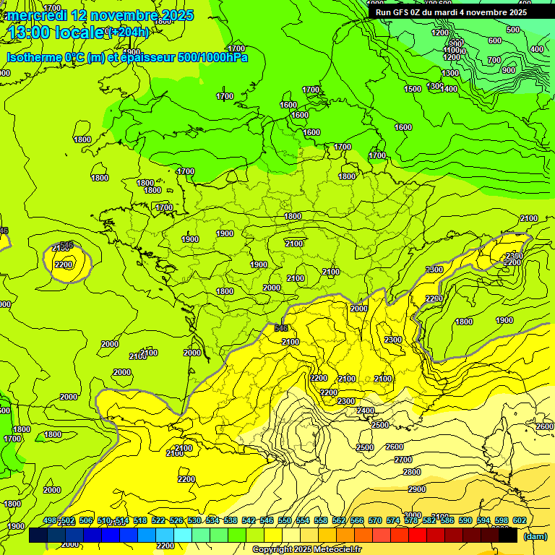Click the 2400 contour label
tap(366, 410)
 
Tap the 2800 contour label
tap(412, 472)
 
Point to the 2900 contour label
tap(417, 489)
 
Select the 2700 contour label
tap(403, 460)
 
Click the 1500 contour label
tap(413, 89)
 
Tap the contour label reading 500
tap(513, 30)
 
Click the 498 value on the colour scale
tap(50, 520)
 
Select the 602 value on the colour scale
tap(520, 520)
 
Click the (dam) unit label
tap(534, 536)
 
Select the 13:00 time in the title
tap(29, 33)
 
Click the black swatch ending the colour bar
tap(508, 535)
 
